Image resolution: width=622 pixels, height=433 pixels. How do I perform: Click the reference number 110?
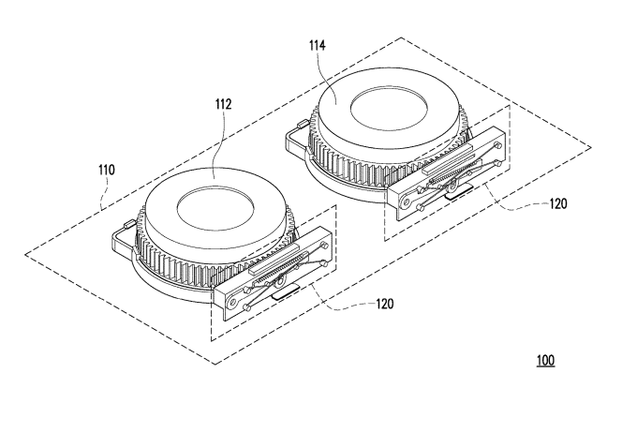[x=107, y=170]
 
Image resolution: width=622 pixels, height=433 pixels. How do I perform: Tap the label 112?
[x=223, y=104]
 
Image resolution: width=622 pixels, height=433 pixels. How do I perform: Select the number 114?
[x=318, y=46]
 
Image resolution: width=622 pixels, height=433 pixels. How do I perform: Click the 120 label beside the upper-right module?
[x=558, y=204]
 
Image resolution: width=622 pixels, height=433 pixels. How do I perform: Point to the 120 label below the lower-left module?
[x=385, y=304]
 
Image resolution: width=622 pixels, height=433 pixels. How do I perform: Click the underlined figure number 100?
[x=546, y=361]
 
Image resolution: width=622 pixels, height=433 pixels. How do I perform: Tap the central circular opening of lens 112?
[x=215, y=208]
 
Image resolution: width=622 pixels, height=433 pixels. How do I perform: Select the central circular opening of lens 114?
[x=389, y=109]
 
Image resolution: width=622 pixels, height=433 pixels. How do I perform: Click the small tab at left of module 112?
[x=128, y=225]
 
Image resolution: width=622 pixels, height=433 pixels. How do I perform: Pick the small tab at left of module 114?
[x=303, y=124]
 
